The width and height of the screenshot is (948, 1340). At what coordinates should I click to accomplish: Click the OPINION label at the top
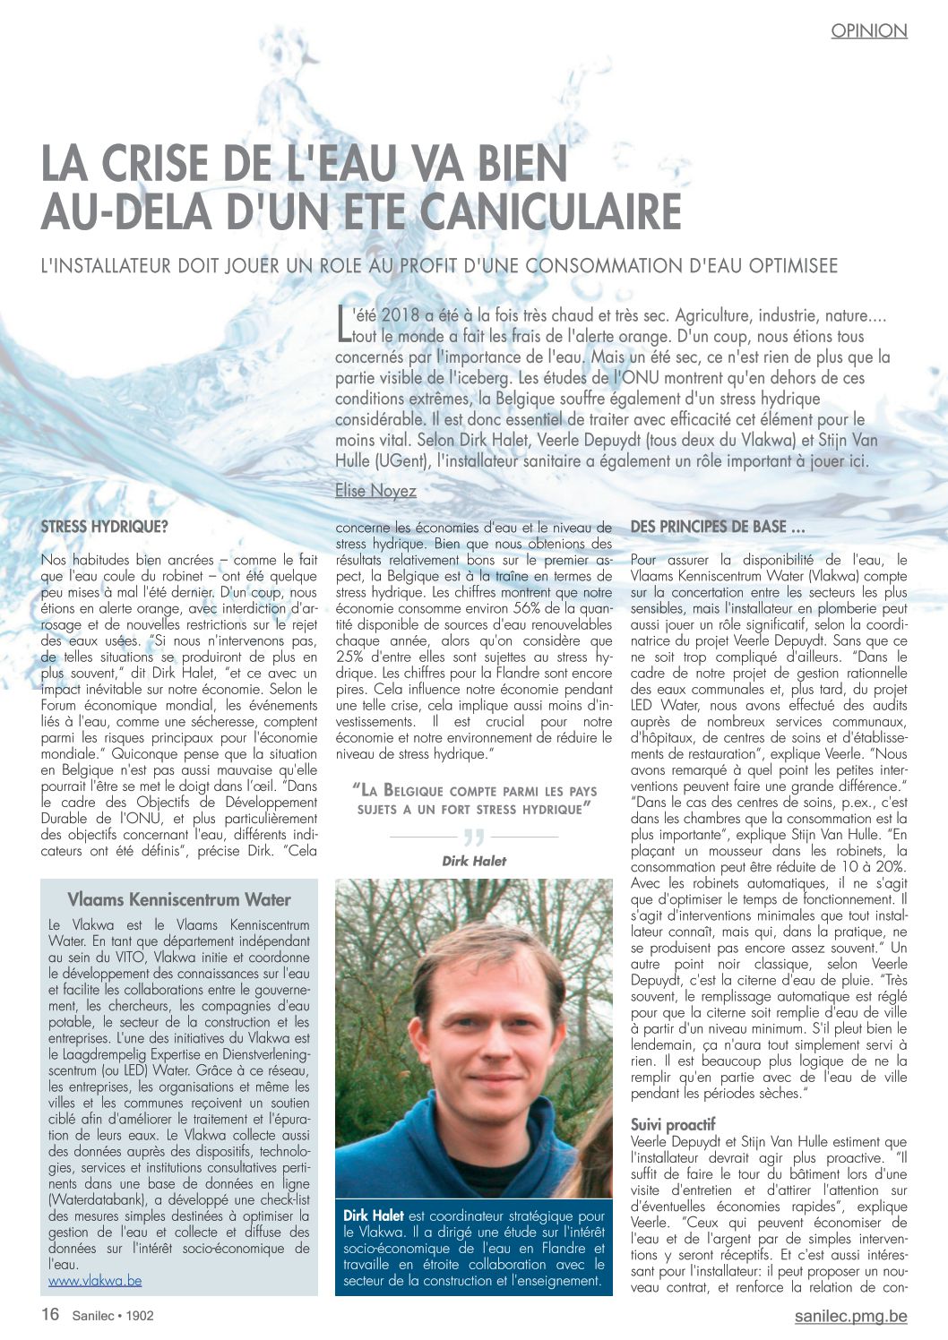pyautogui.click(x=868, y=31)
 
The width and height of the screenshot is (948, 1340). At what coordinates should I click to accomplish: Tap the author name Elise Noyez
pyautogui.click(x=375, y=491)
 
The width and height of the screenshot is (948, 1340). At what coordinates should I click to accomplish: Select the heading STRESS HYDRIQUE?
pyautogui.click(x=104, y=528)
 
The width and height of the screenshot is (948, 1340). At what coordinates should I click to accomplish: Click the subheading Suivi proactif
pyautogui.click(x=673, y=1125)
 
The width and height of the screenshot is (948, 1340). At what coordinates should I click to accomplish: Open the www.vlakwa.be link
pyautogui.click(x=95, y=1281)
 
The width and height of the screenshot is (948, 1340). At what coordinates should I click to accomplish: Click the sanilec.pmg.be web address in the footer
pyautogui.click(x=850, y=1316)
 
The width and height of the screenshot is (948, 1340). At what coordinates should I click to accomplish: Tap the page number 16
pyautogui.click(x=50, y=1315)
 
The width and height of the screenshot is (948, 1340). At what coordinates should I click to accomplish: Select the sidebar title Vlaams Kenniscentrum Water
pyautogui.click(x=179, y=900)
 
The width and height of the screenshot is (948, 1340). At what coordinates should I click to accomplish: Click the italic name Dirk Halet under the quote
pyautogui.click(x=474, y=861)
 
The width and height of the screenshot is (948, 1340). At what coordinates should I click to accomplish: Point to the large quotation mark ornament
pyautogui.click(x=473, y=838)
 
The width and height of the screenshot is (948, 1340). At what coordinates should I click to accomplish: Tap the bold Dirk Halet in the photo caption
pyautogui.click(x=374, y=1216)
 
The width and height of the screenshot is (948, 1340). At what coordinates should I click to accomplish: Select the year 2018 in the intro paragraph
pyautogui.click(x=400, y=315)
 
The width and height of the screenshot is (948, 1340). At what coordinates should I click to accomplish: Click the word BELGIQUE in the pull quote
pyautogui.click(x=431, y=791)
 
